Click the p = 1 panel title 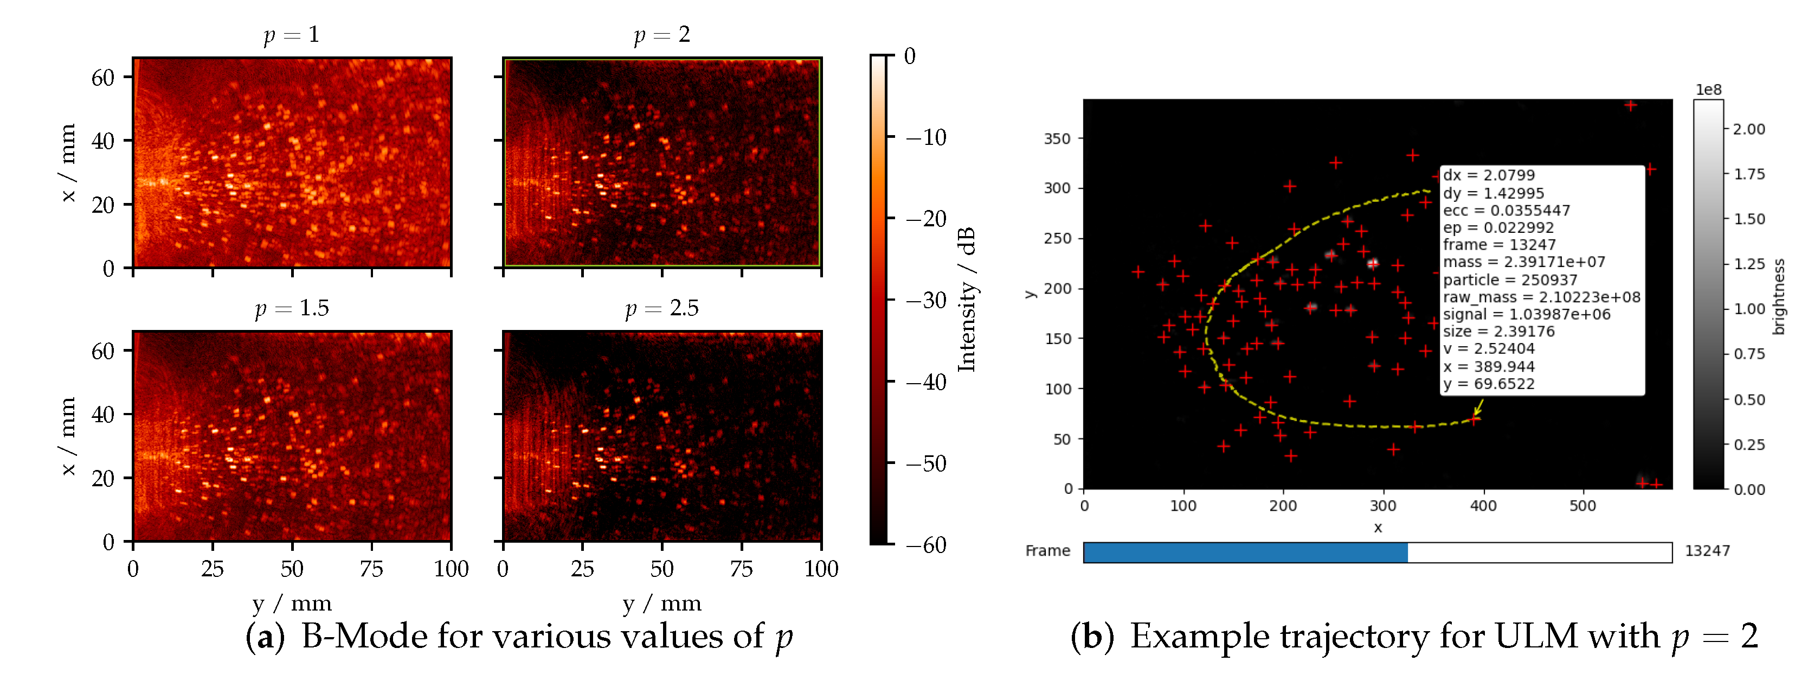(292, 35)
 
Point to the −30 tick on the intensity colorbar (926, 300)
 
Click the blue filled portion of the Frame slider (1244, 552)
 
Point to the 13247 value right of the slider (1707, 551)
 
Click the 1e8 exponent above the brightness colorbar (1708, 90)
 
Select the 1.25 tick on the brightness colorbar (1749, 264)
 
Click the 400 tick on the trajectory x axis (1483, 506)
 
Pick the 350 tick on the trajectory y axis (1057, 139)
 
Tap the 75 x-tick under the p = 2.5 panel (742, 569)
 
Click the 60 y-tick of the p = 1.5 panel (103, 351)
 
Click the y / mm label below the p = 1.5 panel (292, 603)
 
